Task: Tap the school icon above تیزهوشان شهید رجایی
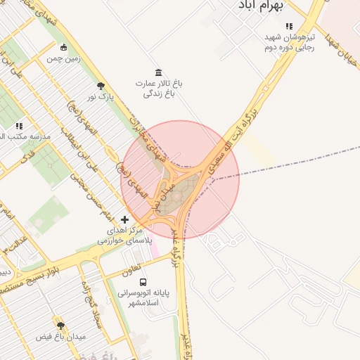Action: tap(289, 26)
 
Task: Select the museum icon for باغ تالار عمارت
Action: tap(158, 72)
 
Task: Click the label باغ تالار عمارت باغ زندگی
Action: tap(159, 88)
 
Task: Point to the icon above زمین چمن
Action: tap(65, 48)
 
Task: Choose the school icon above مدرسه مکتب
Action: tap(19, 127)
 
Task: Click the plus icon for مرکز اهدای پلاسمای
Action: tap(125, 220)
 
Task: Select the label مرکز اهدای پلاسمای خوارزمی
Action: tap(119, 235)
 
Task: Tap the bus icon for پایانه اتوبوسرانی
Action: tap(143, 282)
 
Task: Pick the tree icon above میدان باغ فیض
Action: tap(60, 326)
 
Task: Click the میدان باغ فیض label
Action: tap(60, 337)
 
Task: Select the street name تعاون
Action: tap(133, 268)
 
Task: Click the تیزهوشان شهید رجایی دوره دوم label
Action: tap(289, 41)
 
